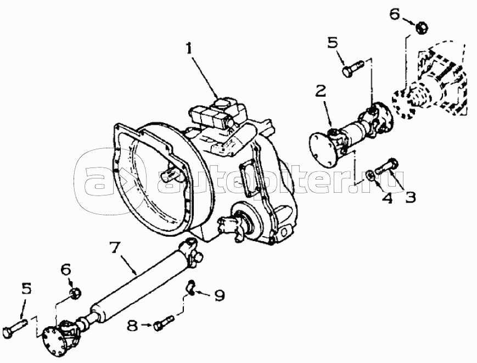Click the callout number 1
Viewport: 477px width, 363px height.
tap(189, 48)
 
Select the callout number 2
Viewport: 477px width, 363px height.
tap(321, 91)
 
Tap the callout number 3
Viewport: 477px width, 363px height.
tap(410, 198)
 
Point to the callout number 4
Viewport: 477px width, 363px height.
tap(387, 198)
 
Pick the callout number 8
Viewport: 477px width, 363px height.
tap(132, 326)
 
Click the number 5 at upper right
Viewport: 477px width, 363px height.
tap(333, 43)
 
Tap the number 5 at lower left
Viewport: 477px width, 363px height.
tap(26, 289)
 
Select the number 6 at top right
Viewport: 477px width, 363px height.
tap(395, 14)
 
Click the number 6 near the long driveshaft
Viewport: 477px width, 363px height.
tap(66, 269)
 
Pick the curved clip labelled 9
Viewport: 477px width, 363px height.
tap(190, 287)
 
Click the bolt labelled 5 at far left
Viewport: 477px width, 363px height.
tap(15, 326)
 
